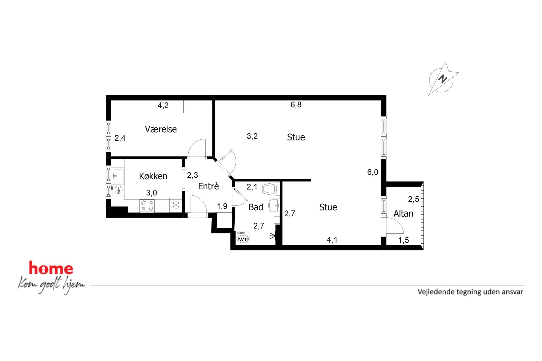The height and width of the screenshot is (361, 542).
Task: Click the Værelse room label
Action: [x=161, y=129]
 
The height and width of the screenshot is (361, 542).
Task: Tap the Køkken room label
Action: [x=153, y=176]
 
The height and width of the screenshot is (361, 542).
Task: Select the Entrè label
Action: [x=208, y=186]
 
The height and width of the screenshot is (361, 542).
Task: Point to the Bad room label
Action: [x=256, y=207]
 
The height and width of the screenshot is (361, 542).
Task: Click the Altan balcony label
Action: [x=403, y=213]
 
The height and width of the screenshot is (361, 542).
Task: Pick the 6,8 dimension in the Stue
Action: [x=296, y=105]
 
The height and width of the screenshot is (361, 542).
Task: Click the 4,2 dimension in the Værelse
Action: [x=163, y=105]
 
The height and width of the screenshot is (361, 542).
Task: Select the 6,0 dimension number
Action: [x=373, y=172]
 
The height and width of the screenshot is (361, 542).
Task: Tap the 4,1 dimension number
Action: [x=332, y=240]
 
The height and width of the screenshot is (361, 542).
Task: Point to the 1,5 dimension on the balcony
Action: [x=403, y=240]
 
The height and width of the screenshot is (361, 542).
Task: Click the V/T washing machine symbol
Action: [x=243, y=238]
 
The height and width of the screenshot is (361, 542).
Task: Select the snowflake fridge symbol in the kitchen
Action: [x=176, y=205]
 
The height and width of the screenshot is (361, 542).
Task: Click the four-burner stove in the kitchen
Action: [x=147, y=205]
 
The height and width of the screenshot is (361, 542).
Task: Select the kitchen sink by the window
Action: [x=119, y=176]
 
